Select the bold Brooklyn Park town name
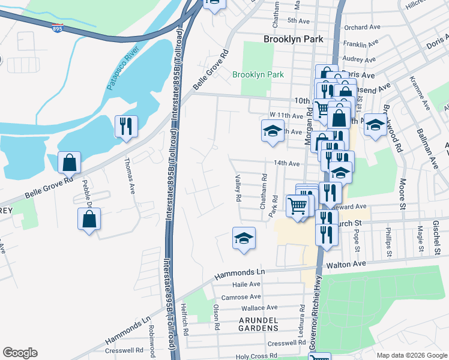[x=294, y=39]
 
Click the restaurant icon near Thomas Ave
[x=126, y=126]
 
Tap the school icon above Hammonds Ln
[x=244, y=238]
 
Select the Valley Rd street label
[x=238, y=188]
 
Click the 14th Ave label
[x=286, y=163]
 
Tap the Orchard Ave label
[x=363, y=27]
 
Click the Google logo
[x=20, y=353]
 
